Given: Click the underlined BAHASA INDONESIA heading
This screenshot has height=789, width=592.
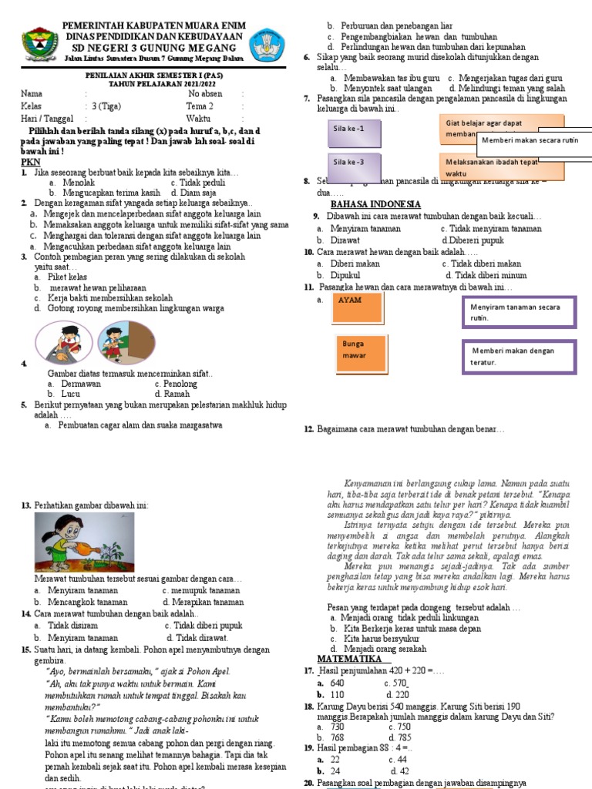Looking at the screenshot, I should pos(375,204).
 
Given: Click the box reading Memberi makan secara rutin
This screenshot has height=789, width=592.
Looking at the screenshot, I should pos(530,140).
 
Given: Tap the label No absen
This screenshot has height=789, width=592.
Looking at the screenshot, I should pos(206,94).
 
